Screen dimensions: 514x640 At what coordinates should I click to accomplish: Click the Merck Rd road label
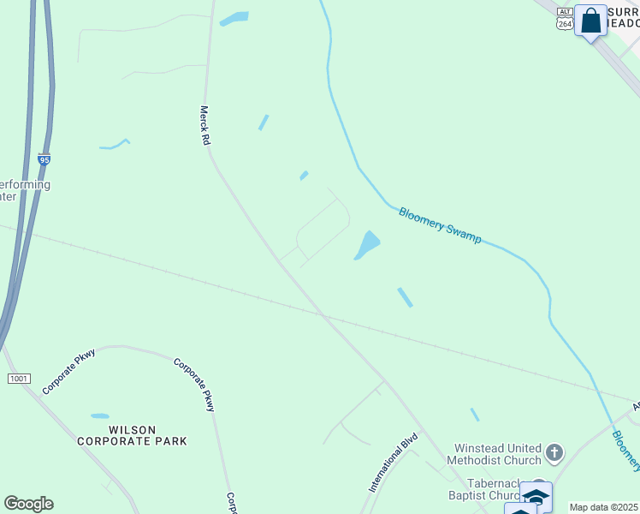(205, 125)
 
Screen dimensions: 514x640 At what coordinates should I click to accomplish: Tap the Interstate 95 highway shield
(44, 158)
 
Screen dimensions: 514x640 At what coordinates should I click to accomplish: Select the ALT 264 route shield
(564, 18)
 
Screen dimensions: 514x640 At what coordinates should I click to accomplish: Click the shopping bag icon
(590, 21)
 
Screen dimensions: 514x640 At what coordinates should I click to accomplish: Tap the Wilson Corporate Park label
(132, 434)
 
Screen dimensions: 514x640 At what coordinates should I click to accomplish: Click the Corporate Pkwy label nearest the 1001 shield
(66, 371)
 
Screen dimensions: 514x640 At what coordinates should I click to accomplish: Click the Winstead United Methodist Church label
(485, 454)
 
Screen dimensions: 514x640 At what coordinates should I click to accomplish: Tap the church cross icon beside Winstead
(554, 451)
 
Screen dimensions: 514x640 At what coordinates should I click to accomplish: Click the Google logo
(28, 504)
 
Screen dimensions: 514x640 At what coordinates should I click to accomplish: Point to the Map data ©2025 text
(603, 507)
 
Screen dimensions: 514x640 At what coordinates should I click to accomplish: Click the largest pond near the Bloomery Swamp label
(368, 245)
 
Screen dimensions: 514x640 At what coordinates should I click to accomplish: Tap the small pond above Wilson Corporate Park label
(100, 416)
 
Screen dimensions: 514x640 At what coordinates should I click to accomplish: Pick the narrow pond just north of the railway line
(405, 297)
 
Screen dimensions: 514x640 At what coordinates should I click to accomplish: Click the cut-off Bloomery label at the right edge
(626, 451)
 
